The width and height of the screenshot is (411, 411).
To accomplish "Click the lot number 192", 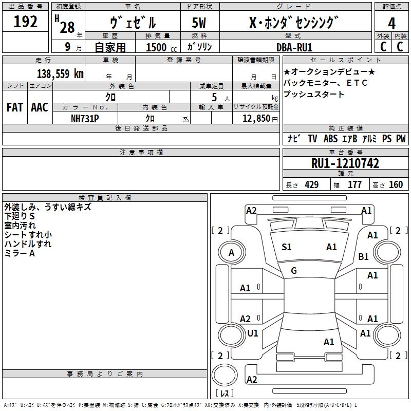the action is tap(25, 22).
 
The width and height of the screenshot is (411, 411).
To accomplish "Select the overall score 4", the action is tap(391, 24).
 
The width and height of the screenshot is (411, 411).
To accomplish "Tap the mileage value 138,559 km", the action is tap(60, 73).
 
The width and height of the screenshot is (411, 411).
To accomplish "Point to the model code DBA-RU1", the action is tap(294, 47).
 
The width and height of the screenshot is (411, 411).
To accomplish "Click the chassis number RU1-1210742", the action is tap(345, 163).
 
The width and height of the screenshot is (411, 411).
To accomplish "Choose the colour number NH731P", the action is tap(85, 119).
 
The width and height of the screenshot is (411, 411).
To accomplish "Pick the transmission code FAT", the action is tap(15, 107).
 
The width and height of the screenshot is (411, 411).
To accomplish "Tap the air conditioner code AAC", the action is tap(40, 107).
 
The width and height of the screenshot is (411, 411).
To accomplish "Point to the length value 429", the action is tap(312, 184).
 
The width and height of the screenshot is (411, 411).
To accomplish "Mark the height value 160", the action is tap(396, 184).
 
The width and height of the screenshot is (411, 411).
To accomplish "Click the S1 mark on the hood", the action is tap(287, 247).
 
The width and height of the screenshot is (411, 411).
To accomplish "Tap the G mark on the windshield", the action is tap(294, 271).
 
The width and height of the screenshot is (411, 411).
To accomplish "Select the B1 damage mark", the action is tap(363, 256).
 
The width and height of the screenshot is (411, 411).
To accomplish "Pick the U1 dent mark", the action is tap(253, 333).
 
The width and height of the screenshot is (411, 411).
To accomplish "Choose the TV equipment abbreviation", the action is tap(312, 139).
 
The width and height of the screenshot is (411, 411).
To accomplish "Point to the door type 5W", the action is tap(199, 23).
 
